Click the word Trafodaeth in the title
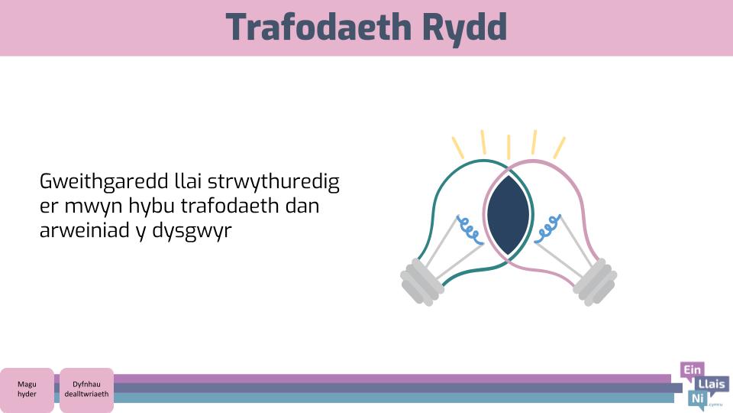(x=318, y=28)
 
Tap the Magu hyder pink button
(x=27, y=389)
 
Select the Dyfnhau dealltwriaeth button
(x=86, y=389)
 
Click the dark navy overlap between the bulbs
(x=509, y=215)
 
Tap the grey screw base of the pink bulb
(x=595, y=282)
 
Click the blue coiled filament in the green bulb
(x=470, y=229)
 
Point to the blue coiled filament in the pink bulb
(x=547, y=229)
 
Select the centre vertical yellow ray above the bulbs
(x=509, y=147)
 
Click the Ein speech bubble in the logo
(x=693, y=371)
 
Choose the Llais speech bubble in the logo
(x=712, y=385)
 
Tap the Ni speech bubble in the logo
(x=697, y=399)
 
